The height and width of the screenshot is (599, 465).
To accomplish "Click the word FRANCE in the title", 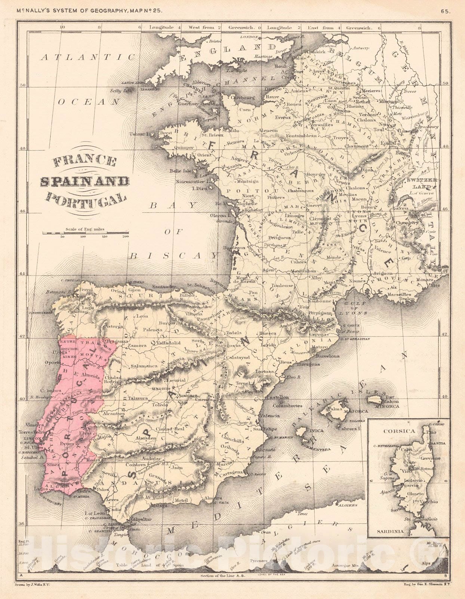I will tap(84, 162).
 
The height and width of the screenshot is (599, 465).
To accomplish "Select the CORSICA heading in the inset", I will tap(399, 431).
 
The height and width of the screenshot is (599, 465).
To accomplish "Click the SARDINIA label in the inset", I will tap(390, 531).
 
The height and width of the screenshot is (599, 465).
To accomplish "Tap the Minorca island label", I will tap(388, 406).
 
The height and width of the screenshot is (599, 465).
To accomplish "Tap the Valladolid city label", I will tap(168, 343).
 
